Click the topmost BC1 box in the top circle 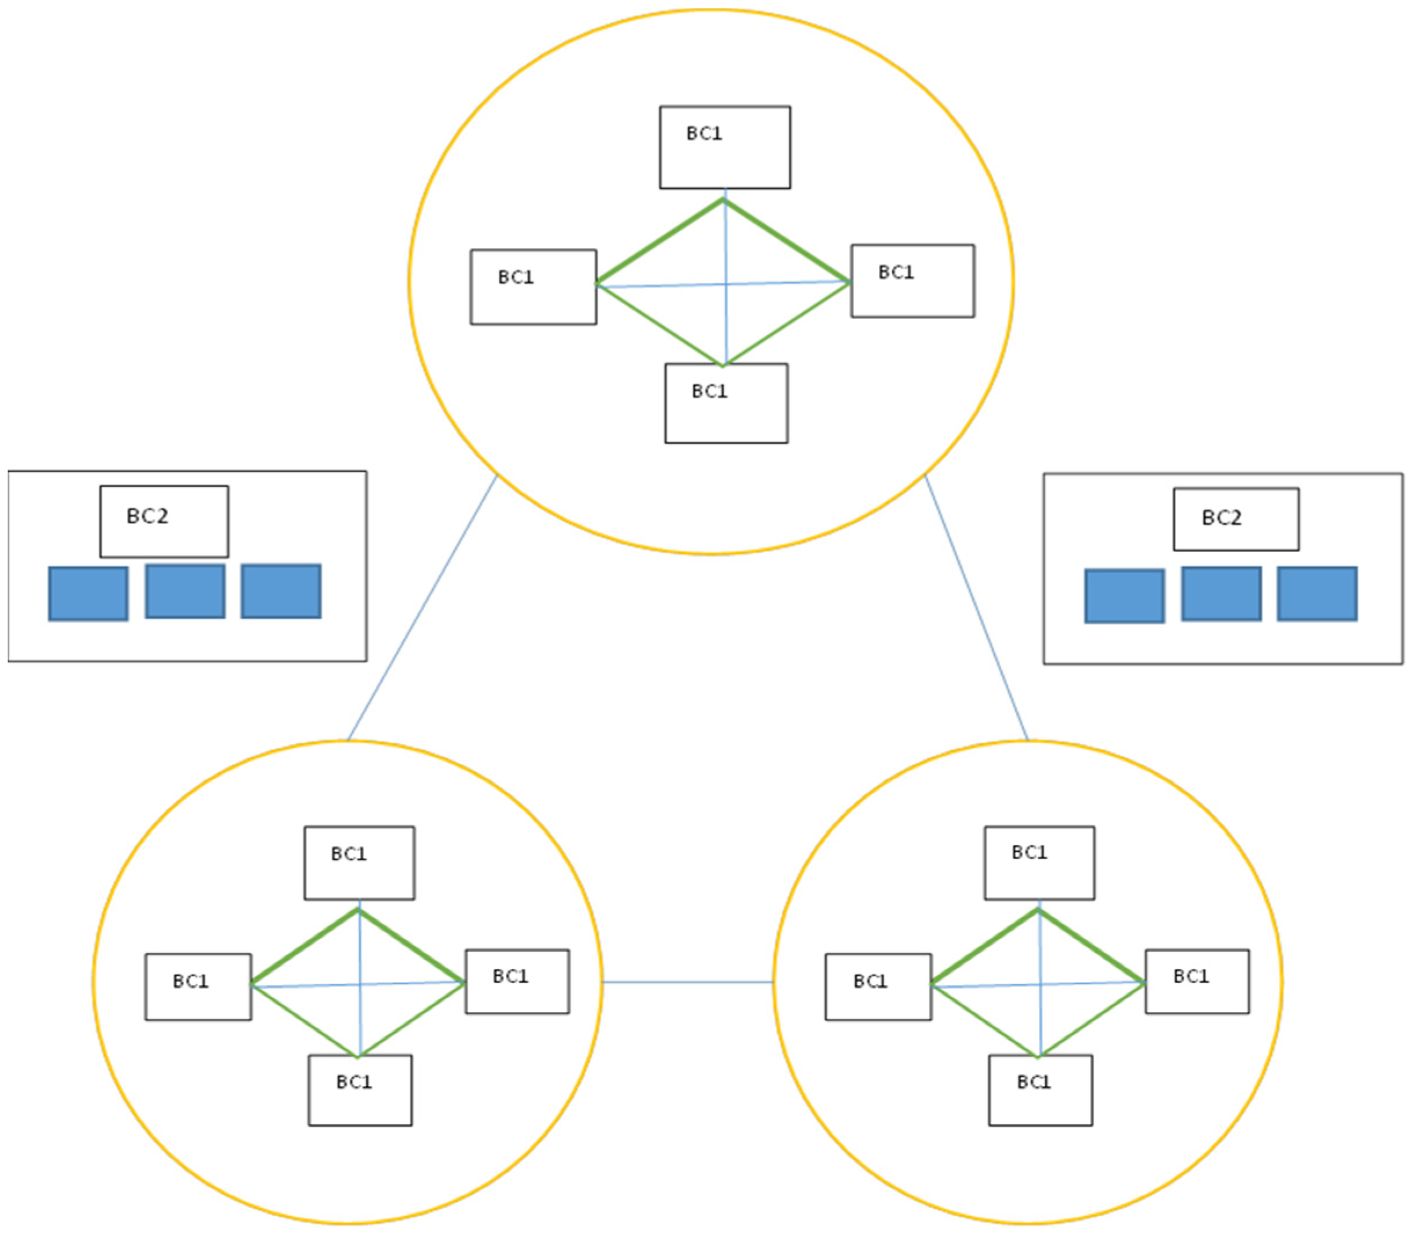pos(725,147)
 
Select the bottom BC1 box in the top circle pos(726,403)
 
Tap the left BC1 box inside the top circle pos(533,287)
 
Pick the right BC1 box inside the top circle pos(913,281)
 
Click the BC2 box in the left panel pos(164,521)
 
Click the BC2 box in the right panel pos(1236,519)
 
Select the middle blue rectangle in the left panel pos(185,591)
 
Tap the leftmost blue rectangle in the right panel pos(1124,596)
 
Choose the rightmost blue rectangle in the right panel pos(1316,594)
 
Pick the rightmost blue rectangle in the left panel pos(281,591)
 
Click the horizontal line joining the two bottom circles pos(687,982)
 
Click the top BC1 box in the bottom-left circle pos(360,863)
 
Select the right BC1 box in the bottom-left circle pos(517,982)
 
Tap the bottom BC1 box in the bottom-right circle pos(1040,1090)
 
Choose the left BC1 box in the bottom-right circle pos(878,986)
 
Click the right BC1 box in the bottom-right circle pos(1197,982)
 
